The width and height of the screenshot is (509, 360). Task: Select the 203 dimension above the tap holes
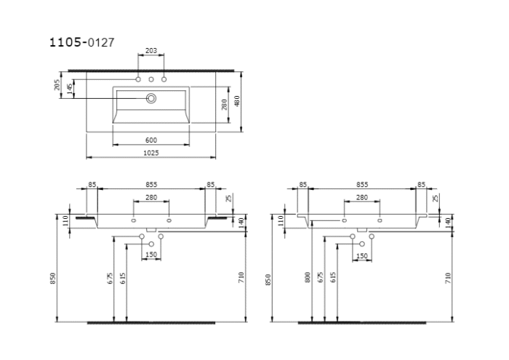click(151, 51)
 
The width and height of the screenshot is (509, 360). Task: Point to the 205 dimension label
click(57, 86)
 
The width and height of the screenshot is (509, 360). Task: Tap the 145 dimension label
click(70, 89)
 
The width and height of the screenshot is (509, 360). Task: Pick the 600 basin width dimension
click(151, 140)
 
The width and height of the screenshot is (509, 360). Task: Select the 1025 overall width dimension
click(151, 153)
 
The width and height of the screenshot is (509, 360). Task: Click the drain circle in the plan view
click(151, 97)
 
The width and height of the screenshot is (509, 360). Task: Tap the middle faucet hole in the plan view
click(151, 79)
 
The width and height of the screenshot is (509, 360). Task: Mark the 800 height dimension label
click(308, 277)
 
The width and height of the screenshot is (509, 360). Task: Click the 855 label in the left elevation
click(151, 185)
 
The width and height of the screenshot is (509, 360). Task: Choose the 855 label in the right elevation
click(361, 185)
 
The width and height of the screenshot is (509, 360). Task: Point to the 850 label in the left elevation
click(54, 279)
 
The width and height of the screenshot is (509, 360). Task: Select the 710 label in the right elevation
click(449, 277)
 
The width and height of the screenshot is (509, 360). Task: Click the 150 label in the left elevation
click(151, 255)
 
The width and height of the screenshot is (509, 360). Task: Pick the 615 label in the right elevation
click(333, 277)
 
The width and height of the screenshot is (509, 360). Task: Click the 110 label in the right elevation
click(278, 220)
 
